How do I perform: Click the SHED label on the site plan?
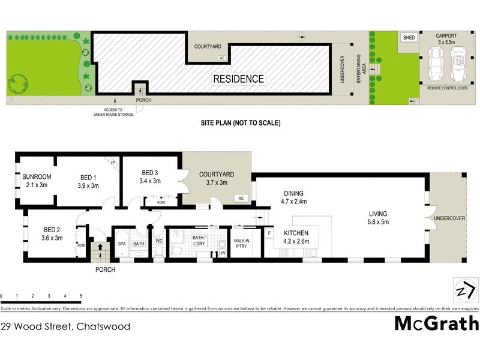coord(409,37)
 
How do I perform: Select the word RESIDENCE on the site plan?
coord(239,79)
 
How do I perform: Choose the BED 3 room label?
coord(149,176)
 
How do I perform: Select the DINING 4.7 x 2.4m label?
coord(294,197)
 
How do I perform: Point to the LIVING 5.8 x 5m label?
coord(378,218)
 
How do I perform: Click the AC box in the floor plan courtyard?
coord(241,198)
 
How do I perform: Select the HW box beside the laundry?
coord(222,253)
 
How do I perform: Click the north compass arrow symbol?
coord(463,290)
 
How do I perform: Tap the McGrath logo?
coord(436,324)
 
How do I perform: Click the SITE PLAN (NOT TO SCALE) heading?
coord(240,123)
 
